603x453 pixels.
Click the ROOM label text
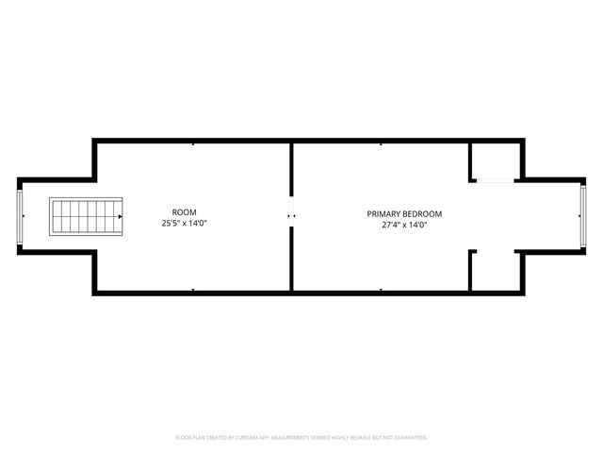click(185, 211)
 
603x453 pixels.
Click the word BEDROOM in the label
click(421, 213)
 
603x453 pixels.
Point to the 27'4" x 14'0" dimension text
click(403, 226)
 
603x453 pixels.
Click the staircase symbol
click(86, 216)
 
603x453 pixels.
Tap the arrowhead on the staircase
click(120, 216)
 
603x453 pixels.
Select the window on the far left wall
click(20, 216)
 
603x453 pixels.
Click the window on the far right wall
click(583, 216)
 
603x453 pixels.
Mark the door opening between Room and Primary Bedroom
click(291, 216)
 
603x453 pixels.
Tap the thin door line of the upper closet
click(494, 180)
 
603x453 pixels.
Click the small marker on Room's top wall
click(193, 143)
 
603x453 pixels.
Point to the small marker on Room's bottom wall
click(193, 290)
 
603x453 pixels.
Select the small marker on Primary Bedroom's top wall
click(381, 143)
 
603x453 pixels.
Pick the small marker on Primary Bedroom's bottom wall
click(381, 290)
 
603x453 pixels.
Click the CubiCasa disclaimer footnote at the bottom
click(301, 437)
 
